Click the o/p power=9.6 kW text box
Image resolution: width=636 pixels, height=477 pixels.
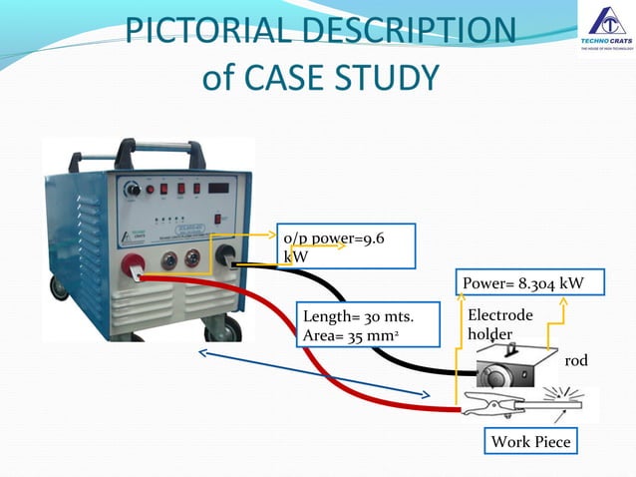(x=346, y=245)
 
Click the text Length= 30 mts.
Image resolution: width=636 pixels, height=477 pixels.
(x=357, y=317)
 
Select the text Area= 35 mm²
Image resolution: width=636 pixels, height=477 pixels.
(x=351, y=335)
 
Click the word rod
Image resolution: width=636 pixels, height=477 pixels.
(x=575, y=360)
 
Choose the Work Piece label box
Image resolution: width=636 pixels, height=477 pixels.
(x=531, y=441)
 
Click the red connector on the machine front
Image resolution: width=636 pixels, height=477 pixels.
(x=132, y=264)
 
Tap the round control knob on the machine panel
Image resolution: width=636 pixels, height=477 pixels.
(x=132, y=189)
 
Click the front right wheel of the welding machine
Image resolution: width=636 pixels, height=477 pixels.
(x=234, y=329)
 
